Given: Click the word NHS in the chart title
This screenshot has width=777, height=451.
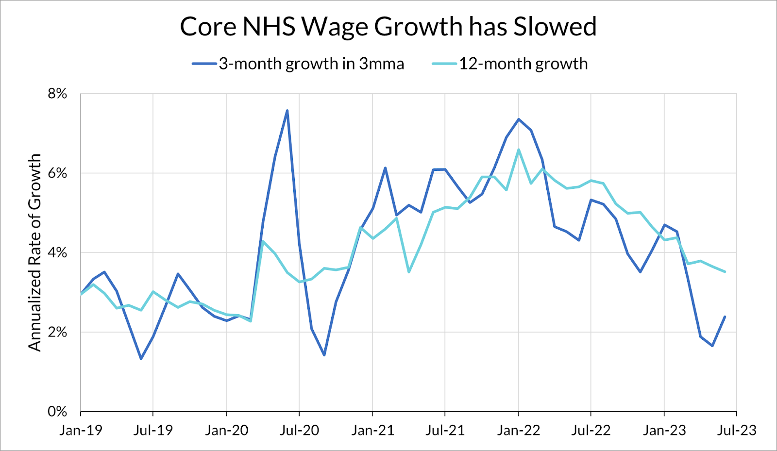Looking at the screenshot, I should point(269,27).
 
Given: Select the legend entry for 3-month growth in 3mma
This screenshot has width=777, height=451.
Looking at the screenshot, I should point(311,64).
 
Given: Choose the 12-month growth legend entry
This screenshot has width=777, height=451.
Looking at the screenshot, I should point(523,64).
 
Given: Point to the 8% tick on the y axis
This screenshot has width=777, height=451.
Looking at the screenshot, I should point(57,94).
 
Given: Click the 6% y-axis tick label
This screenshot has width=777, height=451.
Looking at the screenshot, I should point(57,173).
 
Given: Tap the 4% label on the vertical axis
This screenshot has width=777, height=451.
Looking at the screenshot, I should point(57,253).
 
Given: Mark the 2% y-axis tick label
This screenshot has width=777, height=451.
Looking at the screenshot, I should point(57,333).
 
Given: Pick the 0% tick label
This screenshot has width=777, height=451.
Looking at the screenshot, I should point(57,412).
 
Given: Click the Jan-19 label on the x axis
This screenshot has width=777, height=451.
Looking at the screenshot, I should point(81,430).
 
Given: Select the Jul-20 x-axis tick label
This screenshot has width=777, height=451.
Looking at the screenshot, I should point(299,430).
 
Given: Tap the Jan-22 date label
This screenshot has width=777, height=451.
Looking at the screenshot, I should point(518,430).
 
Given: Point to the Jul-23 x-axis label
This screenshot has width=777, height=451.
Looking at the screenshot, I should point(737,430).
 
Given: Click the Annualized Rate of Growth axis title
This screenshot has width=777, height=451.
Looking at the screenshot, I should point(34,252).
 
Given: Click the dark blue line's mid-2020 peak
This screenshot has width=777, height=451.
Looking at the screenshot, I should point(287,111).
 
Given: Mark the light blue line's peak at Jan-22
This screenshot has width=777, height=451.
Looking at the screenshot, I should point(519,150).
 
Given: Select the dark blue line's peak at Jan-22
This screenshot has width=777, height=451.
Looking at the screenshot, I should point(519,119).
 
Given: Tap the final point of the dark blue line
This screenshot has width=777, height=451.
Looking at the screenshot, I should point(725,317).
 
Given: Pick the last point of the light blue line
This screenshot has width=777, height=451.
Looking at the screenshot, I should point(725,272).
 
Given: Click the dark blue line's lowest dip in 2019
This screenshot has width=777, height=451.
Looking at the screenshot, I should point(141,359).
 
